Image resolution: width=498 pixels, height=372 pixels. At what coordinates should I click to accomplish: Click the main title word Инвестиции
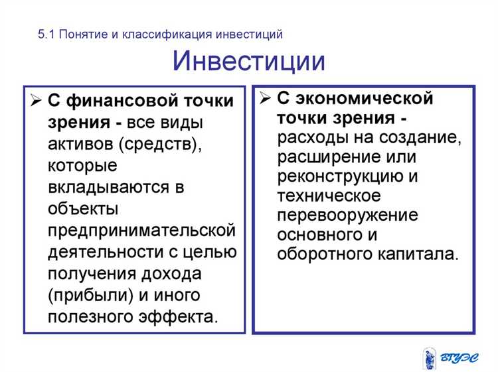point(249,61)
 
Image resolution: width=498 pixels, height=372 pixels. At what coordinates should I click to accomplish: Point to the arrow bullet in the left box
point(35,101)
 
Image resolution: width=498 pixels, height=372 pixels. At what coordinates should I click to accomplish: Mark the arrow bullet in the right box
point(264,99)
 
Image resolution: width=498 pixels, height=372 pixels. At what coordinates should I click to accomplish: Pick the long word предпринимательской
point(141,230)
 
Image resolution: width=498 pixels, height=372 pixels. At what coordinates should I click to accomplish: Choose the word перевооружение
point(348,216)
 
